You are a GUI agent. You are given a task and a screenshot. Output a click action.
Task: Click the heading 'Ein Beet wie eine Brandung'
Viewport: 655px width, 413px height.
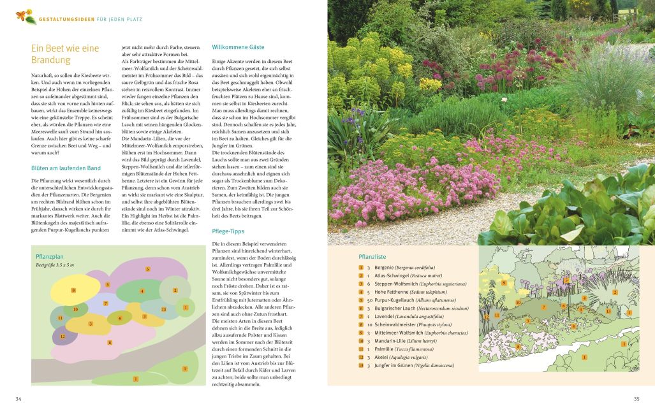tap(65, 54)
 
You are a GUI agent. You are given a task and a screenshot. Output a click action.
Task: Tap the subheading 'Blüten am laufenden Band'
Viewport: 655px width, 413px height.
tap(66, 168)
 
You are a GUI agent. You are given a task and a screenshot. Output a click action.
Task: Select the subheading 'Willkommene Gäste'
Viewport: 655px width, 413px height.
tap(238, 47)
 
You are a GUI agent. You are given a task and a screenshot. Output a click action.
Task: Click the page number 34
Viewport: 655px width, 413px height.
tap(18, 399)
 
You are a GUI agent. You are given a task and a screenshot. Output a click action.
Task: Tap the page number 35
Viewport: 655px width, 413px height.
tap(636, 399)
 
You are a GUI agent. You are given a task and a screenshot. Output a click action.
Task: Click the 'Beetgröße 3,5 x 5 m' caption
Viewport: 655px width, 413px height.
tap(55, 264)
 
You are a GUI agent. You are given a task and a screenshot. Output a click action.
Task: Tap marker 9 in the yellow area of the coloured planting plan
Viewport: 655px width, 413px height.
tap(73, 290)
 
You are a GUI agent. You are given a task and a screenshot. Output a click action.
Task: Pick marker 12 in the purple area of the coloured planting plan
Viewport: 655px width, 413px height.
tap(63, 336)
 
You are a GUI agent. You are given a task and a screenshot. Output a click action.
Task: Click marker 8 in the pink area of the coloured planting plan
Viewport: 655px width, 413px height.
tap(110, 342)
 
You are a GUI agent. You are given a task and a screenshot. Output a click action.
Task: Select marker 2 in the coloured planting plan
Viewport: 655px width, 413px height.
tap(175, 290)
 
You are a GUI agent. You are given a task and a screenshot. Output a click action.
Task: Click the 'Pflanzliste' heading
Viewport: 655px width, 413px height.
tap(372, 256)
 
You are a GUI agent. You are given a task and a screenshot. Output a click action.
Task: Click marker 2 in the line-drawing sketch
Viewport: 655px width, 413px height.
tap(615, 292)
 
